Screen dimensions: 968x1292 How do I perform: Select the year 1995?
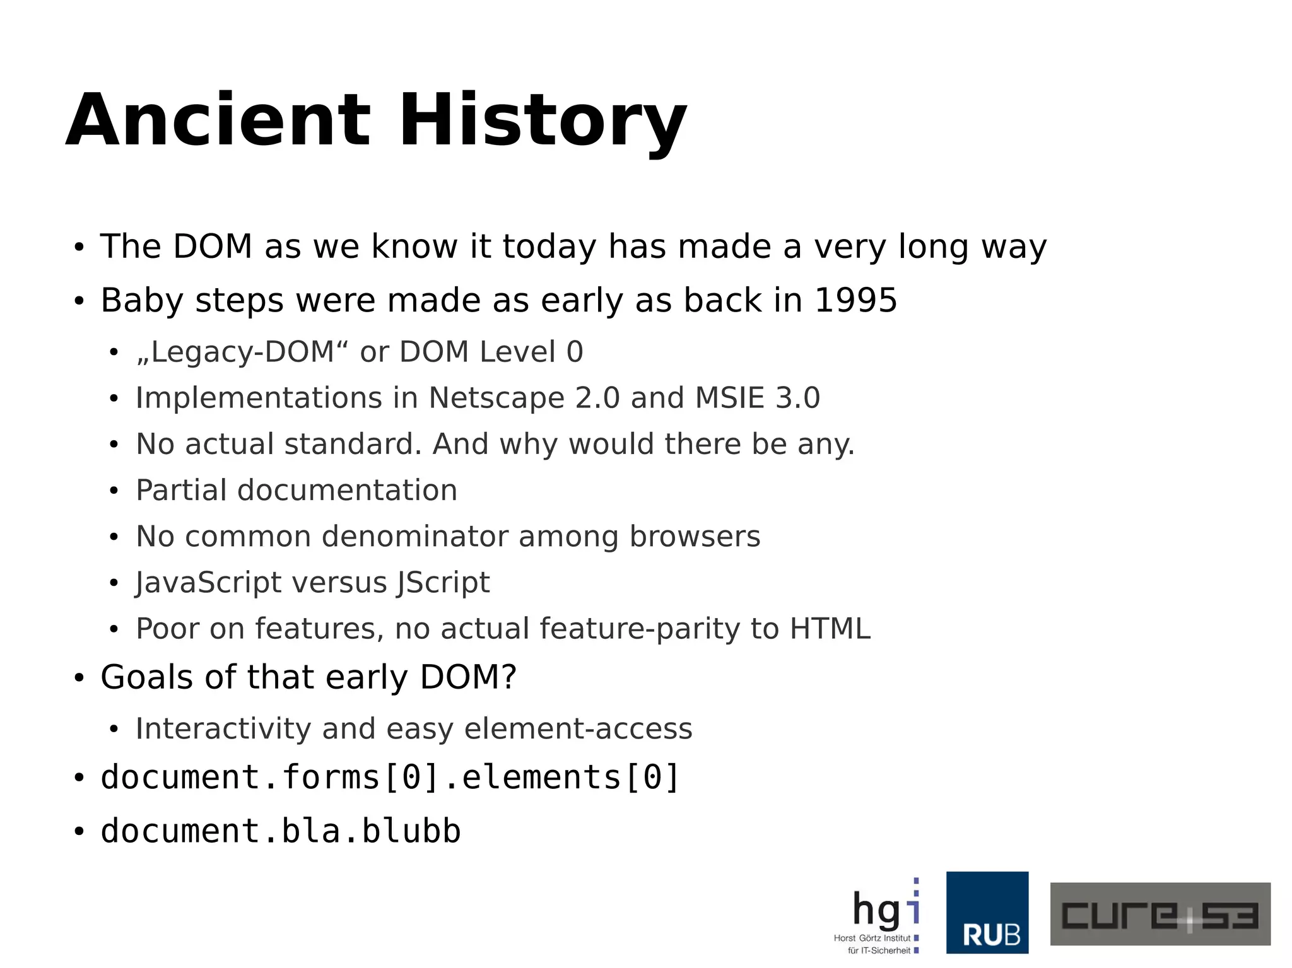coord(855,300)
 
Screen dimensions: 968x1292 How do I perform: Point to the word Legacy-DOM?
coord(243,352)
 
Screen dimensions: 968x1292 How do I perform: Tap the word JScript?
coord(443,583)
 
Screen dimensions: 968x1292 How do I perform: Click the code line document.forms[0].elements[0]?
coord(390,777)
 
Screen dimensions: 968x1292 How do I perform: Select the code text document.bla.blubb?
coord(281,831)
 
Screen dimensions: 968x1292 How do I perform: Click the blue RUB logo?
coord(987,913)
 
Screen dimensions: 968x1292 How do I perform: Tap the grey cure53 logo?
coord(1160,914)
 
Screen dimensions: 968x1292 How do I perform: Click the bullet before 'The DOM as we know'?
coord(78,247)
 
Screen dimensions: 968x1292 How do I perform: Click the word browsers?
coord(695,537)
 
